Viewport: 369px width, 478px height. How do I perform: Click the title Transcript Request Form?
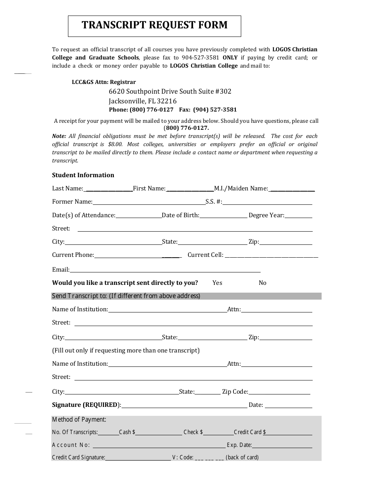click(155, 25)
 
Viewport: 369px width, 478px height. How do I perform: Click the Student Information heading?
click(83, 175)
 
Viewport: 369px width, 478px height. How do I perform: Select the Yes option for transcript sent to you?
click(217, 283)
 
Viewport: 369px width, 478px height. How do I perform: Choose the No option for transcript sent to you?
click(263, 283)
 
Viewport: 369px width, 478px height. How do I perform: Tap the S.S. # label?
click(214, 202)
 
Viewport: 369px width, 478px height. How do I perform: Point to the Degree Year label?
click(266, 215)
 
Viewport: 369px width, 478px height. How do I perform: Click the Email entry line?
click(165, 270)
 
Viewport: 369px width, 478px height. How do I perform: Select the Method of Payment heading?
click(79, 419)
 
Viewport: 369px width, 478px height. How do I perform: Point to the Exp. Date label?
click(239, 445)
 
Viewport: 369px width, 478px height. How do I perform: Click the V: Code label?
click(183, 457)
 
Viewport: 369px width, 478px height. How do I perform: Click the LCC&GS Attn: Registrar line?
click(104, 82)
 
